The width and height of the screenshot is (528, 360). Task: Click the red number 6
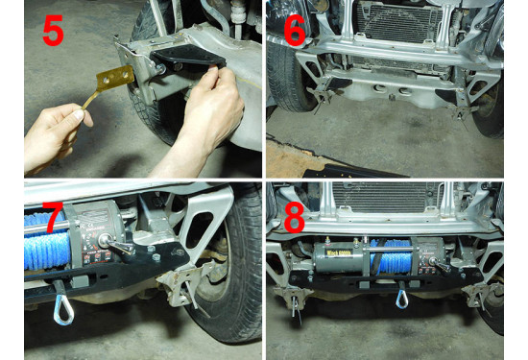(294, 31)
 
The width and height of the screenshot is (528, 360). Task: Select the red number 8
(294, 217)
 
